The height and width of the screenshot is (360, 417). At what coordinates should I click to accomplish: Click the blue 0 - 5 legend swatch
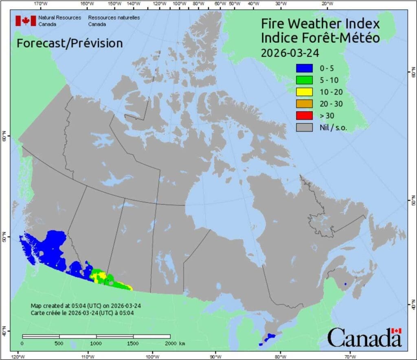pyautogui.click(x=304, y=68)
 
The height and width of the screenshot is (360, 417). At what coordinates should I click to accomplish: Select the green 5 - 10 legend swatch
pyautogui.click(x=304, y=80)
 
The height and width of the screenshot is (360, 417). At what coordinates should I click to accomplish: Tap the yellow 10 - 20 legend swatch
pyautogui.click(x=304, y=92)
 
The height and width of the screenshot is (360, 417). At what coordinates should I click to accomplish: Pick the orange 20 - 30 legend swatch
pyautogui.click(x=304, y=103)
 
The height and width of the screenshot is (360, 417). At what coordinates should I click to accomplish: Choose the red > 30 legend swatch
pyautogui.click(x=304, y=115)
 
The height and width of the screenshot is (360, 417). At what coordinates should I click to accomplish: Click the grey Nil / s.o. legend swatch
pyautogui.click(x=304, y=127)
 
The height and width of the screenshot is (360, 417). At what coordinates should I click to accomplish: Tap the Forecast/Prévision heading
pyautogui.click(x=70, y=43)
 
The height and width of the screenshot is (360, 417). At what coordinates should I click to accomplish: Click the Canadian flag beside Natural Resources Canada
pyautogui.click(x=26, y=21)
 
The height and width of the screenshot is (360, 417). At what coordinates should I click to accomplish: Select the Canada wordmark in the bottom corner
pyautogui.click(x=364, y=338)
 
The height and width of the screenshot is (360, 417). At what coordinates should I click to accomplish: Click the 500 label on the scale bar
pyautogui.click(x=59, y=343)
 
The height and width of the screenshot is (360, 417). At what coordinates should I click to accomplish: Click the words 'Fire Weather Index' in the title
pyautogui.click(x=320, y=24)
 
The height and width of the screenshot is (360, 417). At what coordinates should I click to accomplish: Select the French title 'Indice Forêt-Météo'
pyautogui.click(x=320, y=38)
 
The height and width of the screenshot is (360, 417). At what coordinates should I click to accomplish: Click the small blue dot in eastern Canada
pyautogui.click(x=345, y=284)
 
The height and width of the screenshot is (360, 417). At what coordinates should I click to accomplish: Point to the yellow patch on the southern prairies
pyautogui.click(x=98, y=277)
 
